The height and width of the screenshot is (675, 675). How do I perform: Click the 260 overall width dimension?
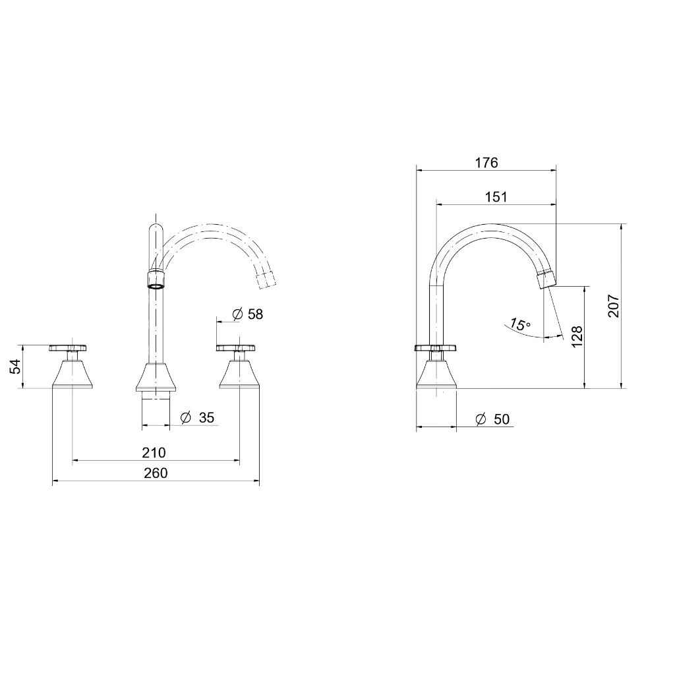(156, 473)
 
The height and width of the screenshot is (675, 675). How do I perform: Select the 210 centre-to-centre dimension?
(154, 452)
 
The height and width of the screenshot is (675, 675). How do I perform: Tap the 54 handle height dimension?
(16, 367)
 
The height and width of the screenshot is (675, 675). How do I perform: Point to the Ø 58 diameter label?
(248, 314)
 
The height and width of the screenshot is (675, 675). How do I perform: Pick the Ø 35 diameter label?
(198, 417)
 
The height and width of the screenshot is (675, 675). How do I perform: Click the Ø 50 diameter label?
(492, 419)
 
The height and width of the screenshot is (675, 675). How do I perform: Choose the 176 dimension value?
(486, 163)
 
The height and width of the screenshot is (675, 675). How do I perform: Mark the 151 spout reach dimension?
(496, 197)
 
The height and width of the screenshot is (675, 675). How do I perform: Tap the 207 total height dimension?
(613, 306)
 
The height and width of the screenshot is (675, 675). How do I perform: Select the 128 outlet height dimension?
(576, 337)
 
